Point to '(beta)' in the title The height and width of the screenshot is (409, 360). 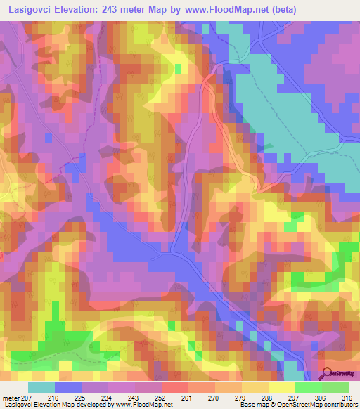pos(277,10)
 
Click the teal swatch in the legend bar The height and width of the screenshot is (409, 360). pos(41,387)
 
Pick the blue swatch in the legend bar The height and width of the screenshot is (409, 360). pos(68,387)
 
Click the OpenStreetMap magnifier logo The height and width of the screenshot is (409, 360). pos(327,374)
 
